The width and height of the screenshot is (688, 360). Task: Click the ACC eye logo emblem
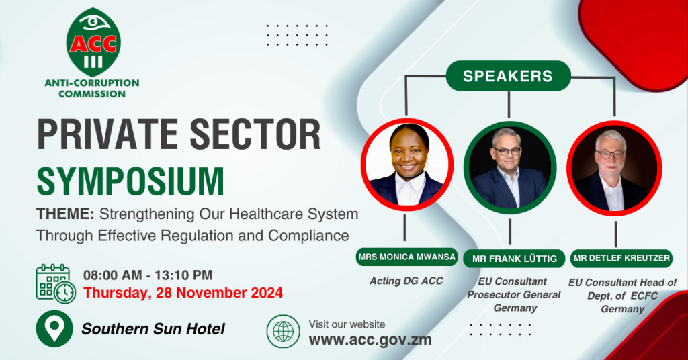[93, 42]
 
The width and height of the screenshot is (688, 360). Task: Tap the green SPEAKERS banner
[508, 76]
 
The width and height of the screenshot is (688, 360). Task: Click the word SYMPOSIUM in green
[130, 181]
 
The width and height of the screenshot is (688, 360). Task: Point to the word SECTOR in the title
[255, 134]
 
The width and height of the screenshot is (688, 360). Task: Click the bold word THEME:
[65, 214]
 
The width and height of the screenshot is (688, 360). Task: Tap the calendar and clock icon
[56, 283]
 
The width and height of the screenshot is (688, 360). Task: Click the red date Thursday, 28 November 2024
[183, 292]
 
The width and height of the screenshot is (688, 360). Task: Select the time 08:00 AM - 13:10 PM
[148, 275]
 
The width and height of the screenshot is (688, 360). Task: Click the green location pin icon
[54, 328]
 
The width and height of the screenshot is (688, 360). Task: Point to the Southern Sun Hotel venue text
[153, 329]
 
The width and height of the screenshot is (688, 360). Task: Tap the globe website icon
[284, 332]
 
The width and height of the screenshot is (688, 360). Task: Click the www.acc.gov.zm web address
[370, 339]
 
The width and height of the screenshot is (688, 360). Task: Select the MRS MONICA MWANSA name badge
[406, 257]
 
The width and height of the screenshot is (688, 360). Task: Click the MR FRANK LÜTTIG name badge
[514, 259]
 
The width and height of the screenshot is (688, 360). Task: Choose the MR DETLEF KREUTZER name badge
[621, 258]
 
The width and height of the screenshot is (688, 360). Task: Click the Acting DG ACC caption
[406, 281]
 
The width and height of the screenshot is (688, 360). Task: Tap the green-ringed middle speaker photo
[510, 168]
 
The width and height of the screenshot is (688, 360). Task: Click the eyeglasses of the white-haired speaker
[610, 154]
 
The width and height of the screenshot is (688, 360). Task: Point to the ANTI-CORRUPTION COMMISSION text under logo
[92, 88]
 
